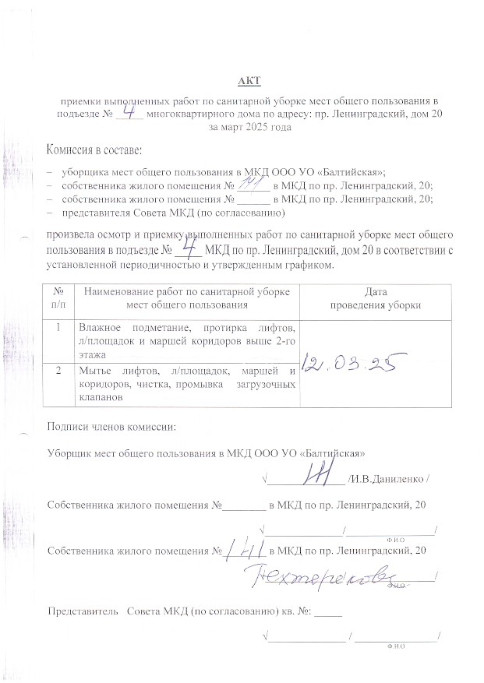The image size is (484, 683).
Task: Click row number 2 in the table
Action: pyautogui.click(x=58, y=369)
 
